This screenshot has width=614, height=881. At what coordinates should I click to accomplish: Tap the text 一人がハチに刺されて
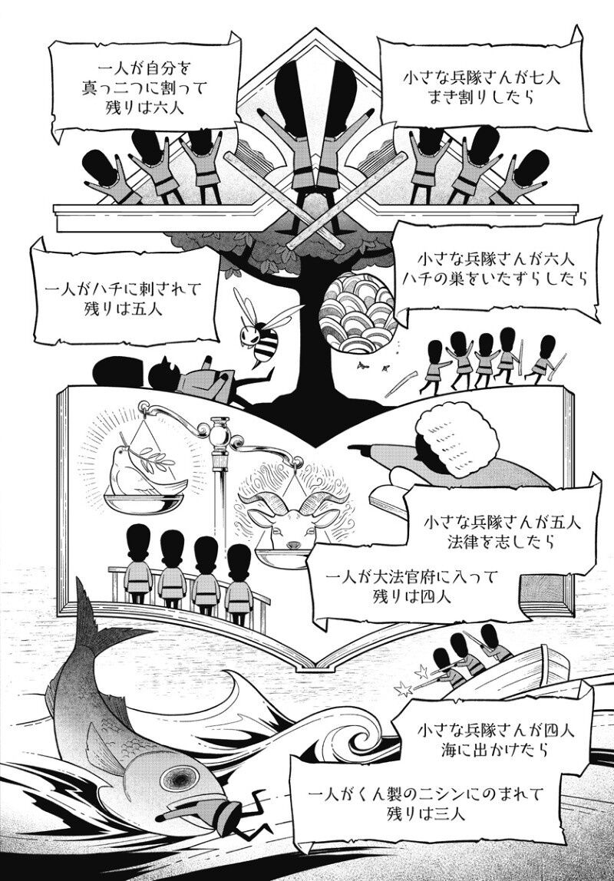[x=124, y=290]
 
